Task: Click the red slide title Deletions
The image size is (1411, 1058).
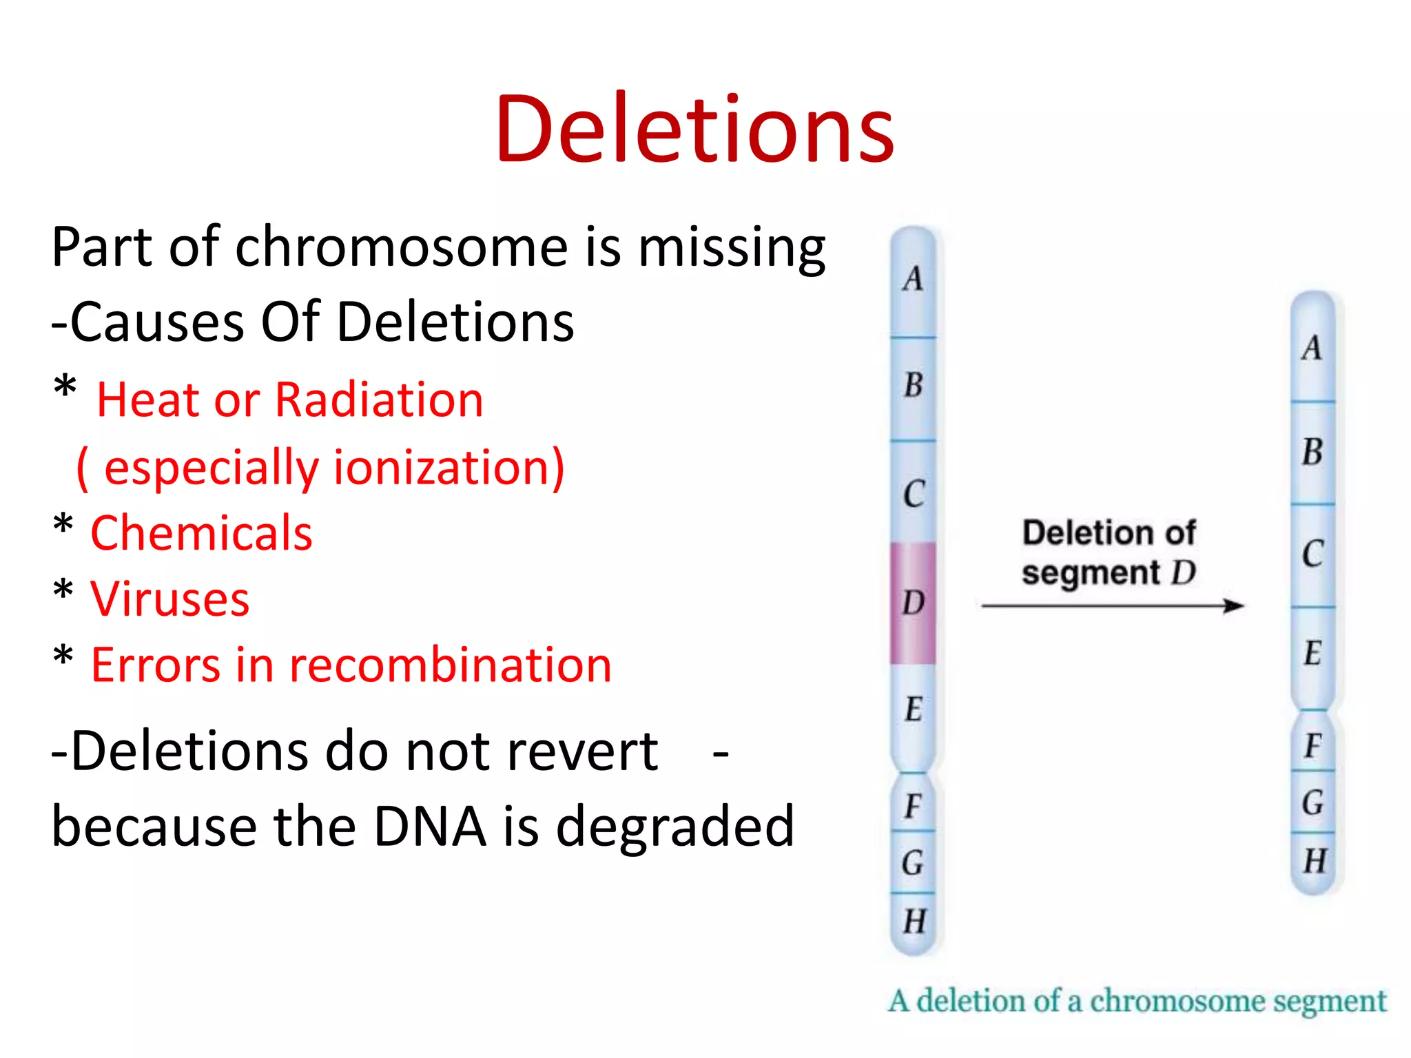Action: [694, 129]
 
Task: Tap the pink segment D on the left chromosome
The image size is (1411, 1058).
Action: [913, 603]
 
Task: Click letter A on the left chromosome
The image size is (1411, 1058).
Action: [914, 279]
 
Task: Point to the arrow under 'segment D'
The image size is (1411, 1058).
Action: [1112, 606]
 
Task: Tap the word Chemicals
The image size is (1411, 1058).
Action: [201, 533]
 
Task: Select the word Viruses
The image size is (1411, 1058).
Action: [169, 599]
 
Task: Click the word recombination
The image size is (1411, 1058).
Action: [450, 665]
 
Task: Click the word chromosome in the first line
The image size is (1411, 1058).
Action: [402, 247]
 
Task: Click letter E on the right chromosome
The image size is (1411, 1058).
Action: [1313, 653]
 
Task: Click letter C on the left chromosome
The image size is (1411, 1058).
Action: [914, 494]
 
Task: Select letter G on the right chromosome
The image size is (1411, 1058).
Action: [1313, 802]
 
